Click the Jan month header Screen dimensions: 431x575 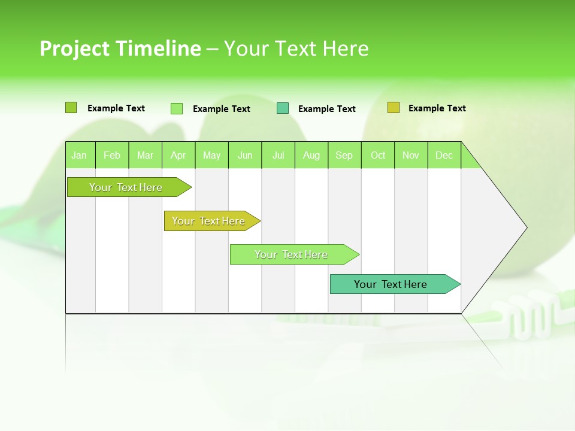click(80, 155)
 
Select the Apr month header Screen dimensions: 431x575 click(178, 155)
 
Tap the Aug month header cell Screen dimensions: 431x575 click(311, 155)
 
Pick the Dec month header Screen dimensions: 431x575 click(444, 155)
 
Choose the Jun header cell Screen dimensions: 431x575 click(245, 155)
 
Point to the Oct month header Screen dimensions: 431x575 click(378, 155)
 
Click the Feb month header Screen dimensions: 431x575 click(112, 155)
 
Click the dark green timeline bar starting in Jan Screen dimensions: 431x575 click(126, 187)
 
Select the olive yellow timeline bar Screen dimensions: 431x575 click(208, 221)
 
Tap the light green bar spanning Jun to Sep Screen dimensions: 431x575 click(291, 254)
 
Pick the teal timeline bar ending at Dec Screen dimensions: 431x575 click(391, 284)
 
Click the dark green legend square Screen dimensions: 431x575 click(71, 108)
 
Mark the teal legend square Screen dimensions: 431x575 click(283, 108)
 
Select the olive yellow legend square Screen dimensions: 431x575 click(393, 108)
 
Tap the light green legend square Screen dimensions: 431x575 click(177, 108)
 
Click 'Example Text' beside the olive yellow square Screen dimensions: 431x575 click(437, 108)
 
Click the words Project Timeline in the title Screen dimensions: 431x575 click(120, 48)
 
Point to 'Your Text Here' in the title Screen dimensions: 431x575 click(296, 48)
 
